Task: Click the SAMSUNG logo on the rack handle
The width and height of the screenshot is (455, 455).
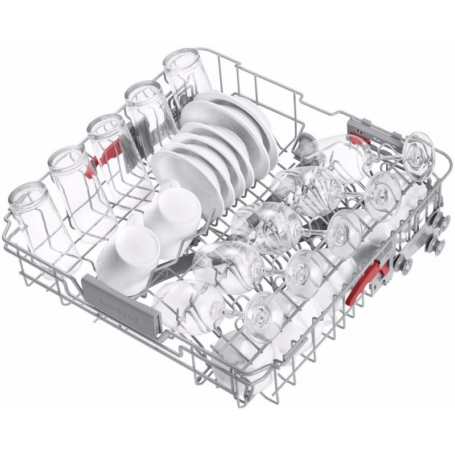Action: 119,309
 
